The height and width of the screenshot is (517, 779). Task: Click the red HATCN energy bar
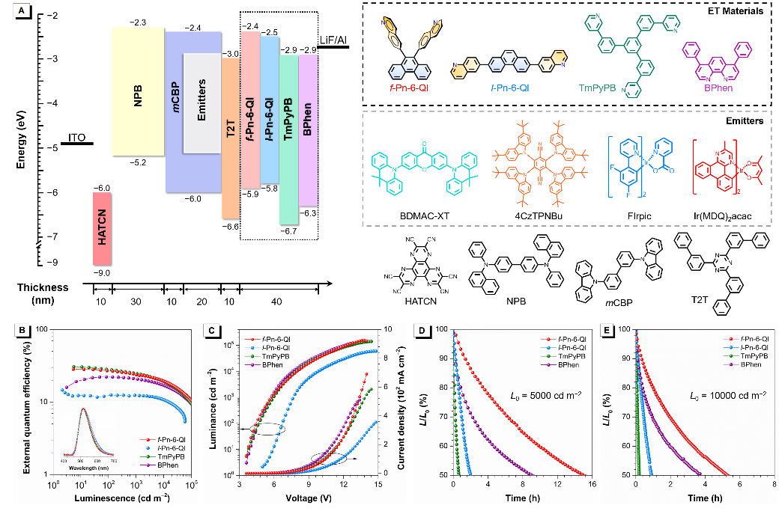click(x=102, y=228)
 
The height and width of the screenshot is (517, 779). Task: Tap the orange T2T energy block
click(x=229, y=138)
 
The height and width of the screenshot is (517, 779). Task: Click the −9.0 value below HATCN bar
click(x=102, y=273)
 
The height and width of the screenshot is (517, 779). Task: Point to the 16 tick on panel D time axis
click(x=592, y=486)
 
